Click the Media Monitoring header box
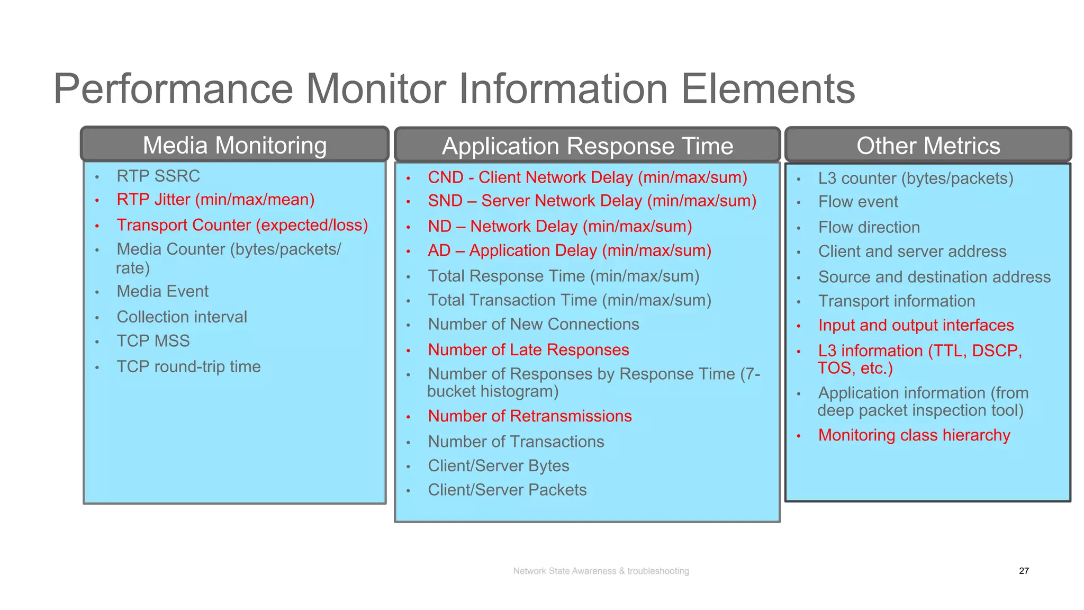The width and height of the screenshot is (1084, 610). coord(234,145)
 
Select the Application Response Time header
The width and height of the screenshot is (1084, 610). coord(587,146)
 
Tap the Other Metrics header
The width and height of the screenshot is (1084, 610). coord(928,146)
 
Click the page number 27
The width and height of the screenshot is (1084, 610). coord(1024,571)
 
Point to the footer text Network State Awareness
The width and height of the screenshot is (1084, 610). coord(601,571)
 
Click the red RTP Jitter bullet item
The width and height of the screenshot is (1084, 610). coord(215,200)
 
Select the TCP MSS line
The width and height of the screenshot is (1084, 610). coord(153,341)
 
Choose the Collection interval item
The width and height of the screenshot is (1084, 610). coord(182,317)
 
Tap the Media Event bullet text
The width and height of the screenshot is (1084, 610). coord(162,291)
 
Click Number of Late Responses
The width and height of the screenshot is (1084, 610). coord(528,350)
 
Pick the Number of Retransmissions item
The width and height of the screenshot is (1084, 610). coord(529,416)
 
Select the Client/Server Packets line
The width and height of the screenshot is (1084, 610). coord(507,490)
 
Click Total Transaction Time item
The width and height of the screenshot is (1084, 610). coord(569,300)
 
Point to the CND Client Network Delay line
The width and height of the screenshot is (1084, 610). coord(587,177)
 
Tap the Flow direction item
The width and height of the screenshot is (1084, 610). coord(869,227)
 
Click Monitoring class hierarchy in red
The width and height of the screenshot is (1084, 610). coord(914,435)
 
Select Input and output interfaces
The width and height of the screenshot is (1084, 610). coord(916,325)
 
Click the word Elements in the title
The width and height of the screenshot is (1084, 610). coord(767,89)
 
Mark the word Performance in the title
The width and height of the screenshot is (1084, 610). coord(173,89)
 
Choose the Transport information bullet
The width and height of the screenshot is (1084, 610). coord(896,301)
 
